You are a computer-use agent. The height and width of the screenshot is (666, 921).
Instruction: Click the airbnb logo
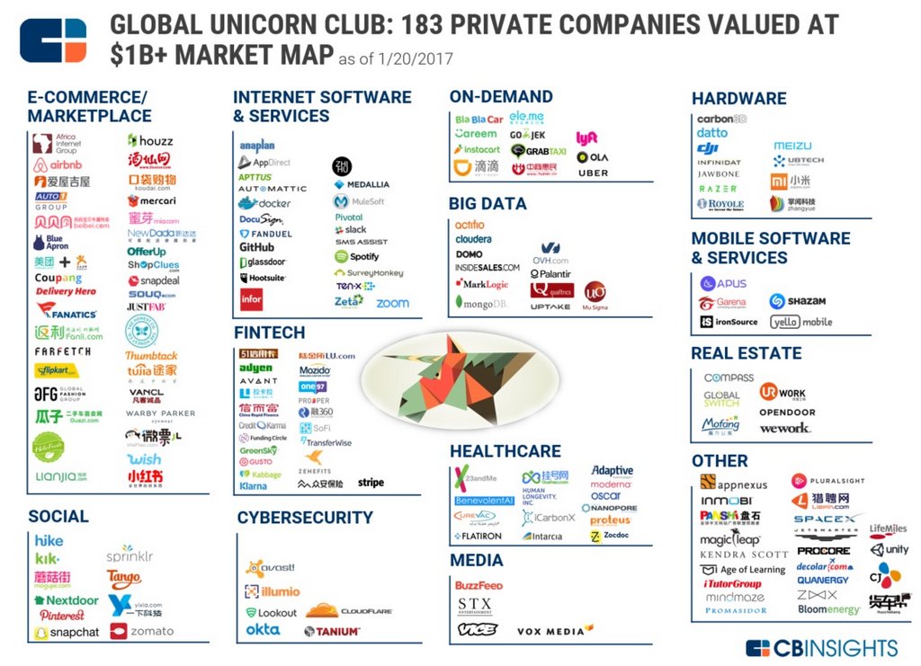click(58, 165)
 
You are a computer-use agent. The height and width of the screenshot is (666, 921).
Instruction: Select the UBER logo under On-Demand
click(593, 173)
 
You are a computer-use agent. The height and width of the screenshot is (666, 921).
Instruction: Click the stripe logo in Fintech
click(371, 483)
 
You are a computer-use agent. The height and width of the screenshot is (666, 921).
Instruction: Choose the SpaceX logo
click(825, 519)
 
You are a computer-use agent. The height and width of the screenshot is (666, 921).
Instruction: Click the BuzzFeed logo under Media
click(478, 585)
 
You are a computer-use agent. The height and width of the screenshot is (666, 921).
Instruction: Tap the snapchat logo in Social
click(67, 633)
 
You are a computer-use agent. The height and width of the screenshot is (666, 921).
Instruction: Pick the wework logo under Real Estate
click(784, 428)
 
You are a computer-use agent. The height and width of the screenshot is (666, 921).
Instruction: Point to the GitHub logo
click(256, 247)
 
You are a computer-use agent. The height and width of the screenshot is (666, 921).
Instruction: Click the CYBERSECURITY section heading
click(304, 518)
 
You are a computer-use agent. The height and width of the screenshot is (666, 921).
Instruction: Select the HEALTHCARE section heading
click(505, 451)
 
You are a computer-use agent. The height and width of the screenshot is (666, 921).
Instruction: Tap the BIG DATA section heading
click(487, 204)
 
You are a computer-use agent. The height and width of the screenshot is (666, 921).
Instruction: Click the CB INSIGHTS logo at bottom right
click(821, 648)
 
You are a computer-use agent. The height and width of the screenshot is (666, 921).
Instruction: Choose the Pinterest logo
click(62, 616)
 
